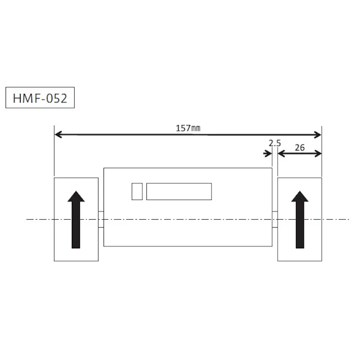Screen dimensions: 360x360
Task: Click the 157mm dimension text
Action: pos(188,128)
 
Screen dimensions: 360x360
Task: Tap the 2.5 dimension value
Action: pos(275,143)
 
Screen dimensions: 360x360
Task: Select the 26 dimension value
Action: pos(299,148)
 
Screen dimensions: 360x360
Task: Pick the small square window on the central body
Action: pos(137,191)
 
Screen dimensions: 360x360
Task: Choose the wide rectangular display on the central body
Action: pos(179,191)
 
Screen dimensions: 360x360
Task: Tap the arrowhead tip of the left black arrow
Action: pos(76,191)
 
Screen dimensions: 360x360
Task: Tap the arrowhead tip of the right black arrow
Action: pos(300,191)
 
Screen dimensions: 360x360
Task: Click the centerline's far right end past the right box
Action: pos(347,219)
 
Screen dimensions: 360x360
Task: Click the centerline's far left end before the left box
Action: pos(28,219)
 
